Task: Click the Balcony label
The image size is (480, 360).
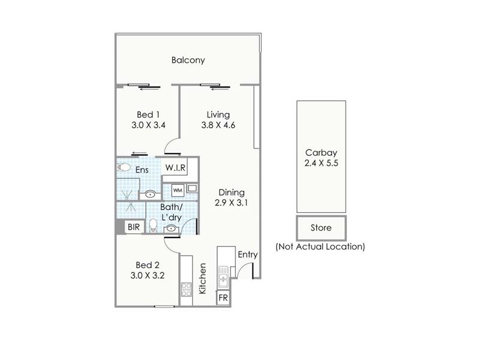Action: (x=188, y=60)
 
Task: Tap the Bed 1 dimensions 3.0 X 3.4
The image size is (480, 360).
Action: (x=148, y=125)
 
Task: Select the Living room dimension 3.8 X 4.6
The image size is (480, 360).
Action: (x=218, y=125)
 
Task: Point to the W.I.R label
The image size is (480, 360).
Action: (x=175, y=168)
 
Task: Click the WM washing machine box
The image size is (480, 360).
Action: (x=178, y=190)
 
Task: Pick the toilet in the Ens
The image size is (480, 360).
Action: (x=124, y=167)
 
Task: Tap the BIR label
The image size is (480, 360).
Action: (x=134, y=227)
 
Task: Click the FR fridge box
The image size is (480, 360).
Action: (x=223, y=298)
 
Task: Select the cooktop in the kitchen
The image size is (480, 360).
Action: (x=186, y=289)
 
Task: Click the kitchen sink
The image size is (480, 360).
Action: (x=223, y=277)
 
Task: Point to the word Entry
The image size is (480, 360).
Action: (x=248, y=254)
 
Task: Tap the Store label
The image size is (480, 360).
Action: (x=321, y=228)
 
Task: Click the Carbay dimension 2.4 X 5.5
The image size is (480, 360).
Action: (x=322, y=163)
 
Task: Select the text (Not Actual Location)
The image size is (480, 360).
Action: (x=320, y=247)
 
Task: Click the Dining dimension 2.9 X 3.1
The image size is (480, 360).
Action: (x=231, y=203)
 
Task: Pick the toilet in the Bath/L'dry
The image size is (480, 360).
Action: (x=153, y=226)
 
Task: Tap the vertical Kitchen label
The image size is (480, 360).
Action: (x=203, y=278)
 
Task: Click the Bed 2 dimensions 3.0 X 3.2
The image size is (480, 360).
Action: (x=148, y=275)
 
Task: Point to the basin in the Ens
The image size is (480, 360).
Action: (x=150, y=194)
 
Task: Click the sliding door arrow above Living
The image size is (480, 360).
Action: (x=220, y=89)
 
